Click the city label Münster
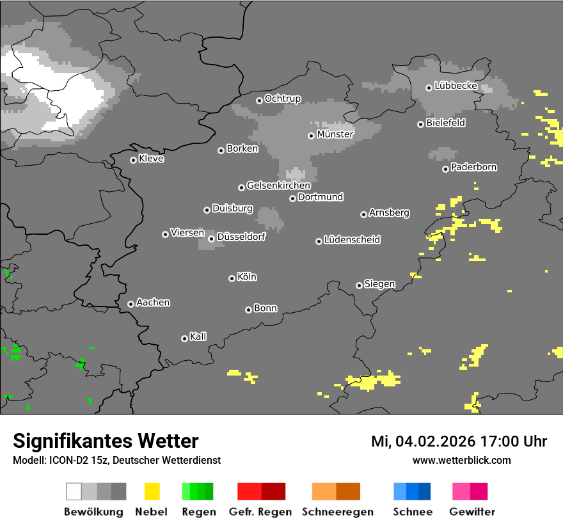(x=335, y=134)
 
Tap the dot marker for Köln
(x=232, y=278)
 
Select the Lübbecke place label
(x=456, y=86)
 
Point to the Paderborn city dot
(x=445, y=169)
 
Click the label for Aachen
(x=153, y=303)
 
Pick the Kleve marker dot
(x=133, y=160)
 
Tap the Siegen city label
(x=379, y=284)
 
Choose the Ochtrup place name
(x=282, y=99)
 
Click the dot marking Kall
(x=184, y=338)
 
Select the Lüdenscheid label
(x=352, y=240)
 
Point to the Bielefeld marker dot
(x=420, y=124)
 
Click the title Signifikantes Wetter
(x=106, y=441)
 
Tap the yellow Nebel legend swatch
(x=152, y=491)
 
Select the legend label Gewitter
(x=472, y=512)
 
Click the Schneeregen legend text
(x=337, y=512)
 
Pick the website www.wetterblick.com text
(x=461, y=460)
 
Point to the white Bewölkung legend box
(x=74, y=491)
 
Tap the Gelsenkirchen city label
(x=278, y=186)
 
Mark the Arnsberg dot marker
(x=363, y=214)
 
